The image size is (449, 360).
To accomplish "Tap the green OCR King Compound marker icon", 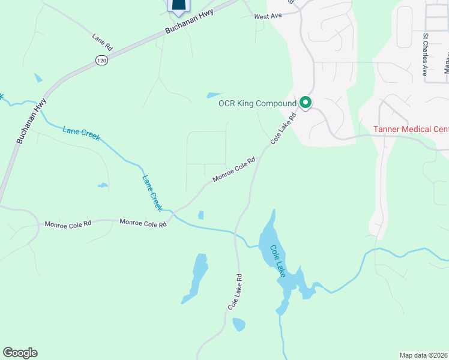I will [305, 103].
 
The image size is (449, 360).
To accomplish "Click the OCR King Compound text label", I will [258, 104].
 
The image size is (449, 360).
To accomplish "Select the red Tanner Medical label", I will [411, 129].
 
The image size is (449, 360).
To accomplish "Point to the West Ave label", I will [268, 16].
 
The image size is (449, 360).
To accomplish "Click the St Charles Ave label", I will [425, 53].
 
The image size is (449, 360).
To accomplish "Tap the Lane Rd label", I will [102, 41].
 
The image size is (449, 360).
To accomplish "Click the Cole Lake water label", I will [277, 260].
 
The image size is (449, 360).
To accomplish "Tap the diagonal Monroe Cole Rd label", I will [234, 170].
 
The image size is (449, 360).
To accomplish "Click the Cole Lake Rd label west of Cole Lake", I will [235, 292].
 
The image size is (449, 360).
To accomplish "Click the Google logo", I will [20, 353].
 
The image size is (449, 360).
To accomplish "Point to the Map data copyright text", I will [424, 355].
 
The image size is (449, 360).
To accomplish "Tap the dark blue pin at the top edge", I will [178, 5].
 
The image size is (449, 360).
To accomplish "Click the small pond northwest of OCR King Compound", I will [214, 95].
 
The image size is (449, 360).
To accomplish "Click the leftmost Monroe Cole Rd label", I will [68, 224].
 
